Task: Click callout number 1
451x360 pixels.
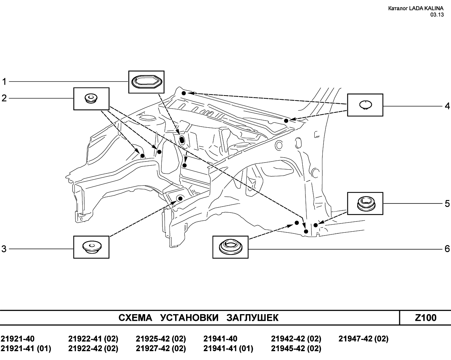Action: click(4, 81)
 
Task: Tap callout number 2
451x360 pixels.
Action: click(4, 98)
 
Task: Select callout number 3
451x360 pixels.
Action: click(4, 249)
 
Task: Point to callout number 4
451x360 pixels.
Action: click(447, 106)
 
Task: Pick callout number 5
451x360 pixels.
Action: click(447, 203)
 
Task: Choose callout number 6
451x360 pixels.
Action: click(447, 249)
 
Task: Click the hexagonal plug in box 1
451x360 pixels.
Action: click(147, 82)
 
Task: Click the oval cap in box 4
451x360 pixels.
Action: click(365, 105)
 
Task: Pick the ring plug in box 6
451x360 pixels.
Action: click(230, 247)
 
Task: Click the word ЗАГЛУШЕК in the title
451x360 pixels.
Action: click(252, 318)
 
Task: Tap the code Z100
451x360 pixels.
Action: click(426, 318)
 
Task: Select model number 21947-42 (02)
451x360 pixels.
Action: click(364, 339)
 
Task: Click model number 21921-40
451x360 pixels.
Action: click(18, 339)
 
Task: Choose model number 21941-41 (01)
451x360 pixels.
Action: click(228, 348)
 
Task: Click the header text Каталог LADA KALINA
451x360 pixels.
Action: click(416, 8)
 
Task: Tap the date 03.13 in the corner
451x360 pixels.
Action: click(437, 15)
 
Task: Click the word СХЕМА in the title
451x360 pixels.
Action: click(135, 318)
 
